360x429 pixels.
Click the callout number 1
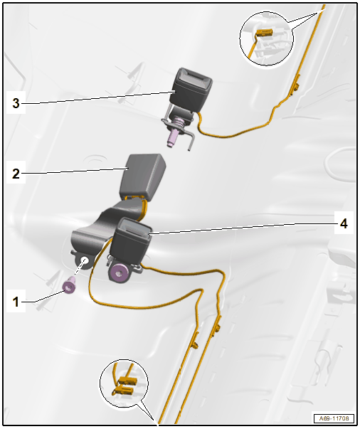tap(16, 302)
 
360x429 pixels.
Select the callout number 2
tap(16, 173)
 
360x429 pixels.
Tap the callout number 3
tap(16, 103)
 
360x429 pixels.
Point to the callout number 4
tap(344, 223)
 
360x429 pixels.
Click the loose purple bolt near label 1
tap(69, 285)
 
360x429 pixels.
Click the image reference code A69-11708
tap(334, 418)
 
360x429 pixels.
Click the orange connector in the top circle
tap(264, 33)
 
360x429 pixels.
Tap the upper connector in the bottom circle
tap(127, 381)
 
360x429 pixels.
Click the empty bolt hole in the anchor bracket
tap(85, 260)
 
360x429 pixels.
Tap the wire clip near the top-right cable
tap(296, 87)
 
